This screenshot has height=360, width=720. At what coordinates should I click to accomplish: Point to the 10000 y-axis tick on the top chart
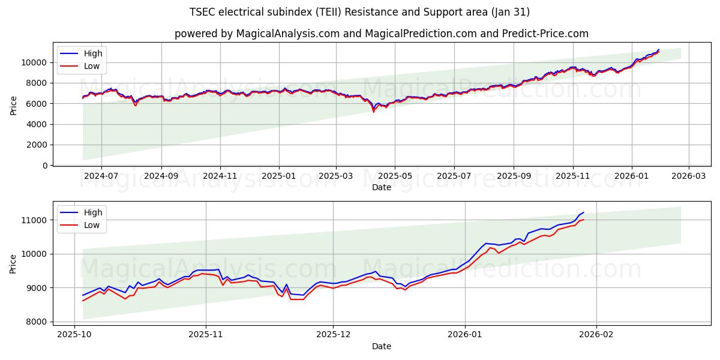[34, 62]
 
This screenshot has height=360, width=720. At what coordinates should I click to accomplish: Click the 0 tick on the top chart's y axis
[45, 166]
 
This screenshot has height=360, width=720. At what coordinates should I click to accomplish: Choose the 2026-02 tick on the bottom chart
[596, 334]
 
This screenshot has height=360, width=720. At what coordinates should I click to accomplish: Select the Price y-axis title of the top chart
[14, 106]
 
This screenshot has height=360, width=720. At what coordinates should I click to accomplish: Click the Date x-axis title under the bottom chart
[382, 346]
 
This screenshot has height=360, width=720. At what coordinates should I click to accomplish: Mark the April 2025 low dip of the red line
[373, 112]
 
